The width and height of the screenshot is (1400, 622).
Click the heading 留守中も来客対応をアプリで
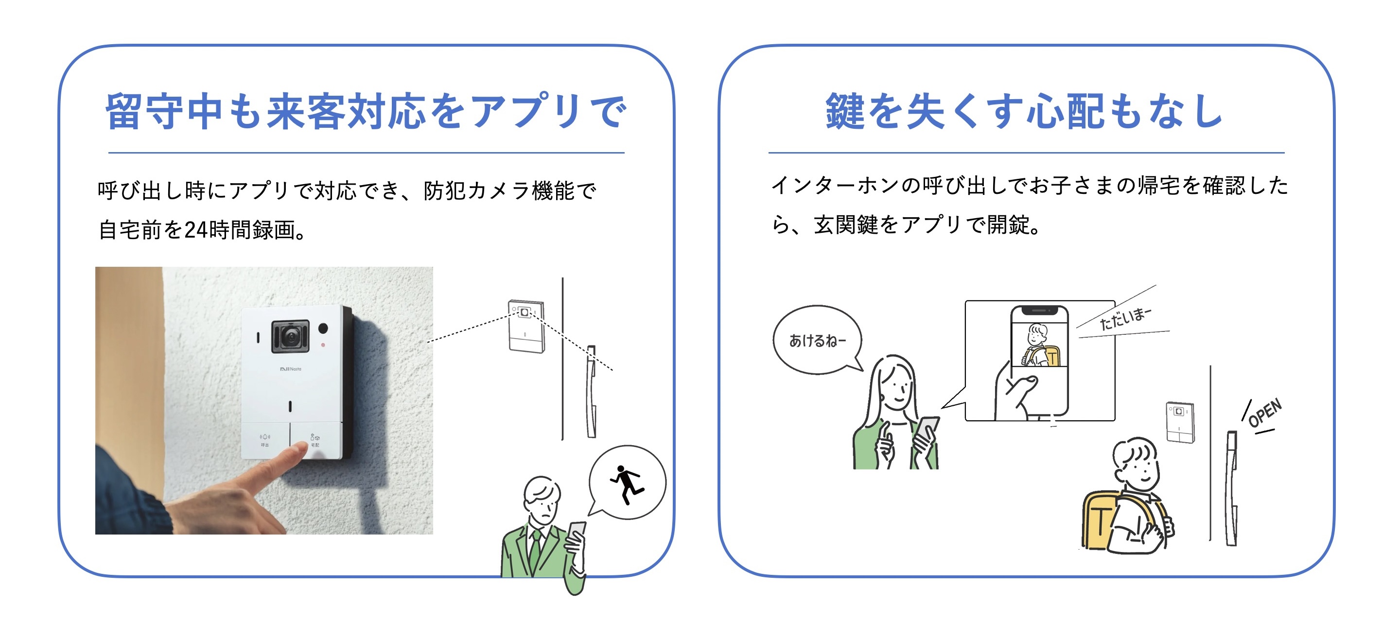click(366, 111)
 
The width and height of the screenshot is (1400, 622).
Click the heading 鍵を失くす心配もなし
click(1024, 111)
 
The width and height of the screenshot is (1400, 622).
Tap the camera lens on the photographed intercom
click(291, 337)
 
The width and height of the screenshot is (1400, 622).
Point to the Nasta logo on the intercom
click(291, 369)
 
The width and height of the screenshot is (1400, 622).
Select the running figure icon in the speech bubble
click(627, 483)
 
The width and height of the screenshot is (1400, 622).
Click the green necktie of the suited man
click(536, 549)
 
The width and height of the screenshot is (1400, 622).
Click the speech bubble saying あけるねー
click(817, 340)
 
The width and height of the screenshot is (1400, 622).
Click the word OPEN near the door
click(1265, 413)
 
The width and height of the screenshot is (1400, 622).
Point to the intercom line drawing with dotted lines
click(526, 326)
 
